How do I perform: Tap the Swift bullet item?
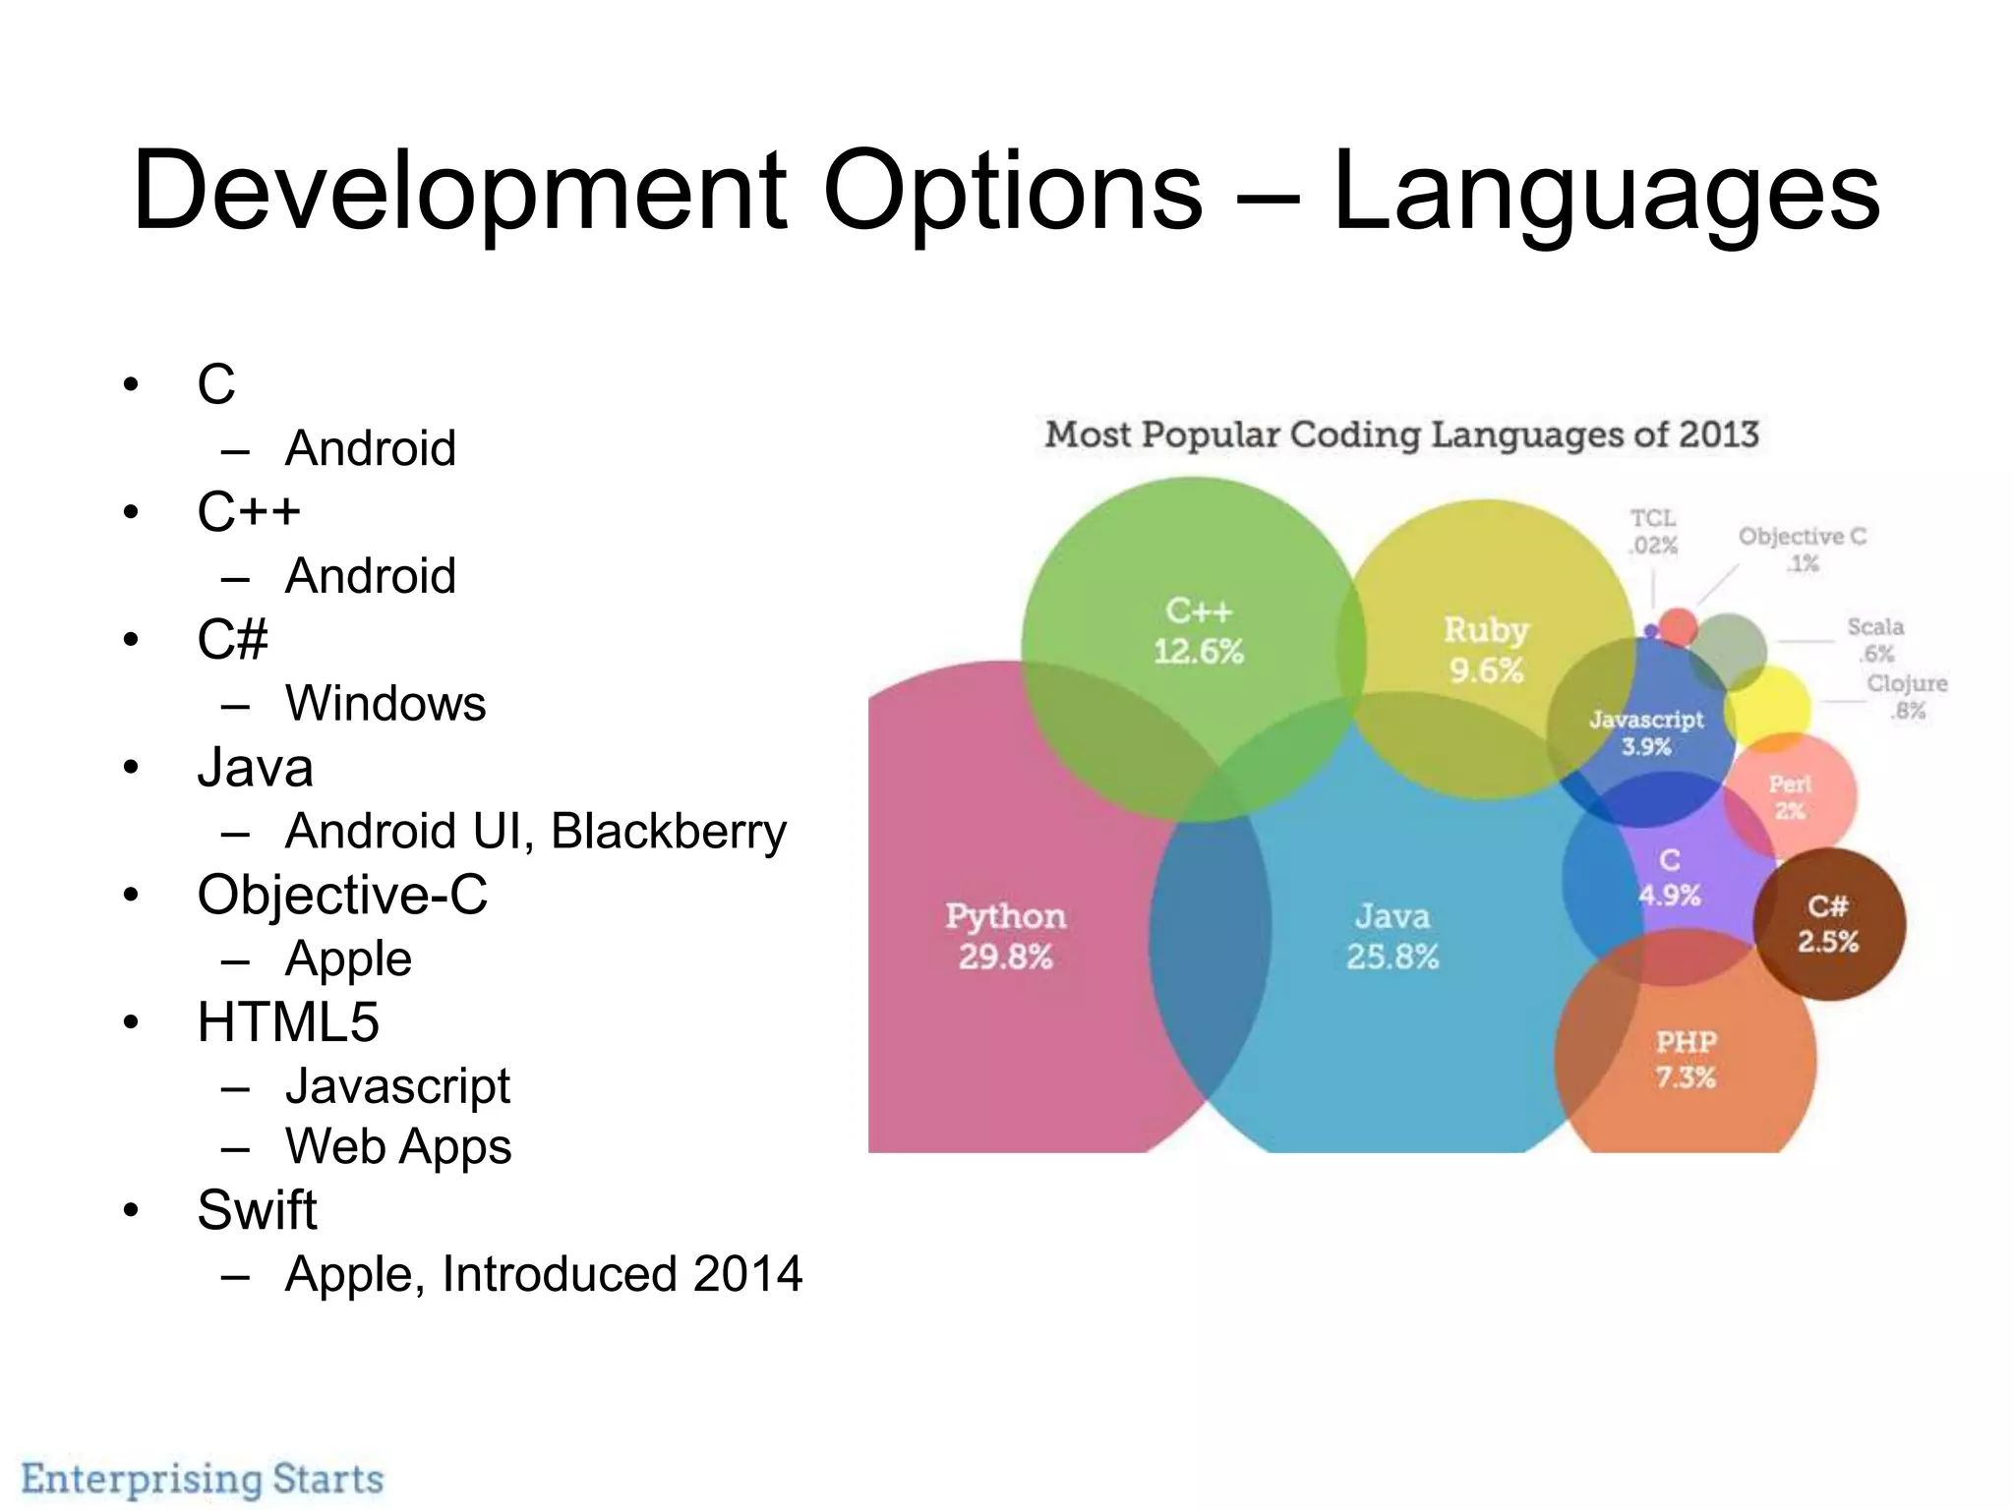257,1209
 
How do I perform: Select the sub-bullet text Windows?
385,704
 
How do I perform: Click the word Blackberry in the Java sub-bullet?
668,832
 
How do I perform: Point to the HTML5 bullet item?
287,1022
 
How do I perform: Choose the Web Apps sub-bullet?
398,1146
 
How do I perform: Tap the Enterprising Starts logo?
203,1479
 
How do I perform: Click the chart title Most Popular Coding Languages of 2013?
1401,435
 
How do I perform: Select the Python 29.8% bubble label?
1005,935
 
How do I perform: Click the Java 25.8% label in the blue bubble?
1392,935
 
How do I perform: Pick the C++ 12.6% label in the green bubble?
1198,630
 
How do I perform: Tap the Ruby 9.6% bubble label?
1486,649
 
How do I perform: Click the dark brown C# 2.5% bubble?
1828,923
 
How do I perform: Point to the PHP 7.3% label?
1686,1059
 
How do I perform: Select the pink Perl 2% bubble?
1790,796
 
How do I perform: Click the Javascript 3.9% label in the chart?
1646,732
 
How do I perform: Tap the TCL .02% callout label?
1653,532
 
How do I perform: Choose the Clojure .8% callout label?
1907,696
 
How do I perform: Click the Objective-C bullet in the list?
342,896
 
